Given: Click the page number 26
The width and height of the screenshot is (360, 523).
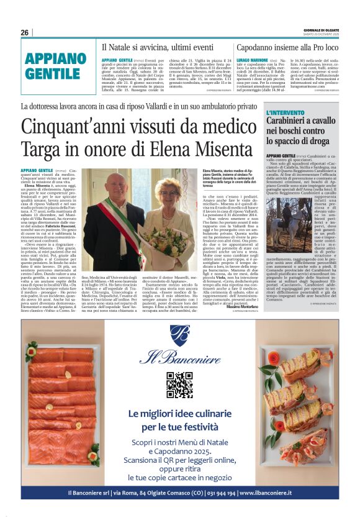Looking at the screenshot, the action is pyautogui.click(x=24, y=32).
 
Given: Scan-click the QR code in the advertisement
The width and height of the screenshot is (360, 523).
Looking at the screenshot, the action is pyautogui.click(x=179, y=385).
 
